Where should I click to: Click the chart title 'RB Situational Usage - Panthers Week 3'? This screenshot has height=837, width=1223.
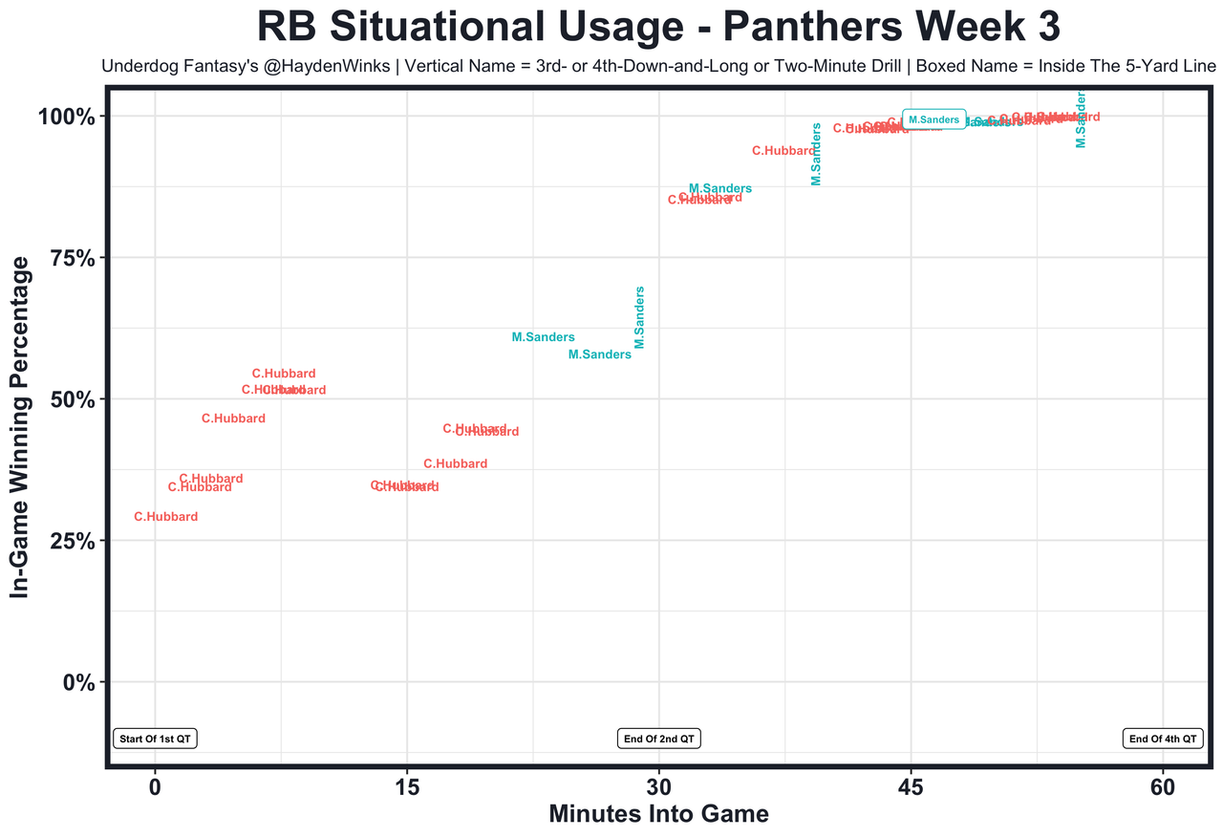(658, 28)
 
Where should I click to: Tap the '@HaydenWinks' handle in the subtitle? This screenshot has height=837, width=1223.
(310, 67)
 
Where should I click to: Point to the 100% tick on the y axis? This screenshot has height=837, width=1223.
(66, 117)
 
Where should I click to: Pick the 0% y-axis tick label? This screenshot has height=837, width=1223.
(77, 682)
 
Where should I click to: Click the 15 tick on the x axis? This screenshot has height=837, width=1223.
(407, 789)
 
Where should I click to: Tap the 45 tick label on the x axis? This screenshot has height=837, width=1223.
(911, 789)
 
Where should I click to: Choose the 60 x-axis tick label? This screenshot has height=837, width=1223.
(1163, 789)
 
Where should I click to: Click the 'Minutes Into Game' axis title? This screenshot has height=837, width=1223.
(658, 815)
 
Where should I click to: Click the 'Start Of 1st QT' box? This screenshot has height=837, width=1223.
(155, 739)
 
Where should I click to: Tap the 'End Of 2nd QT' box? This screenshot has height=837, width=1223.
(659, 739)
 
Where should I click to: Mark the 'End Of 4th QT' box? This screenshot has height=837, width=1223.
(1163, 739)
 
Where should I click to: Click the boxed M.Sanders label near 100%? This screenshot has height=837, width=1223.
(933, 119)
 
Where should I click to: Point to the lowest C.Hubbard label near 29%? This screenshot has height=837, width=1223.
(166, 517)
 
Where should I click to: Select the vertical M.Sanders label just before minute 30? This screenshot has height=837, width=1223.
(640, 317)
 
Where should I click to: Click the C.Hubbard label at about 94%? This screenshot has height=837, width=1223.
(783, 151)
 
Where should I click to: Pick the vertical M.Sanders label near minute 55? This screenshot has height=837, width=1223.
(1081, 119)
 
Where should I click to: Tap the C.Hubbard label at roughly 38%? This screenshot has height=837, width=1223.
(456, 464)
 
